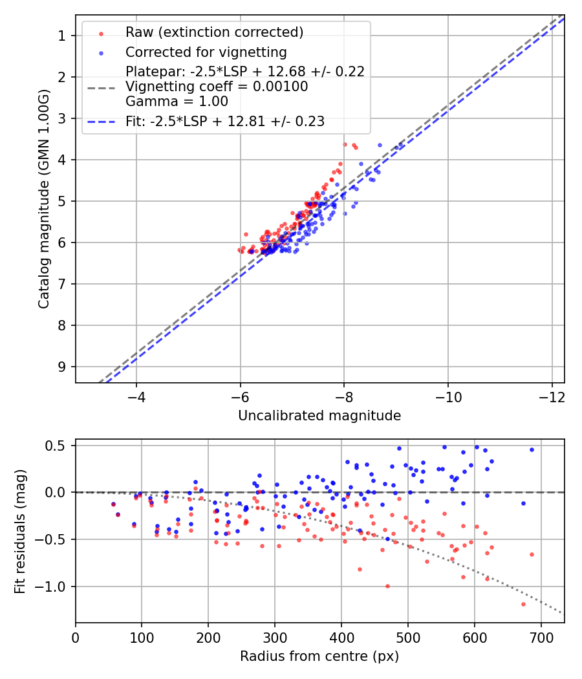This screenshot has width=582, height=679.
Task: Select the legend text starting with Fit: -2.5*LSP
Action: pos(225,121)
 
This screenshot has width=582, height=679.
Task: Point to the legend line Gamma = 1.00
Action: pos(177,101)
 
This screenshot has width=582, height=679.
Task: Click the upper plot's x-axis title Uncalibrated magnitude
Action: pos(319,416)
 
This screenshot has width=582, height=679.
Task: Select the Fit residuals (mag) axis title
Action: pos(20,530)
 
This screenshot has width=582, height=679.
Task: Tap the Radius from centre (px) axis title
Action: pos(319,656)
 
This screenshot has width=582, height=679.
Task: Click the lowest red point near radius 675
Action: pos(523,604)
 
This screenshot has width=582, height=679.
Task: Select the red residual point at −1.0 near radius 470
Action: pos(387,586)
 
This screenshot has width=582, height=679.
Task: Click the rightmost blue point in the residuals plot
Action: pos(532,449)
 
